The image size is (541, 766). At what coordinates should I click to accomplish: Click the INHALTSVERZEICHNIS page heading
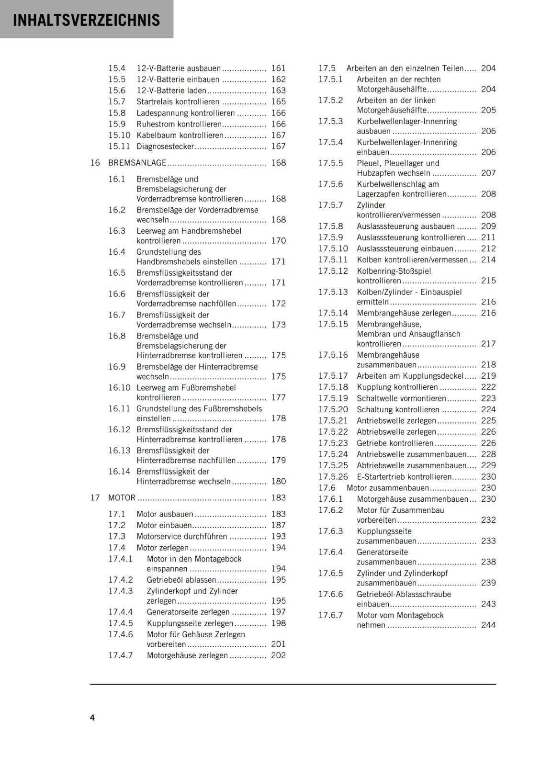coord(87,20)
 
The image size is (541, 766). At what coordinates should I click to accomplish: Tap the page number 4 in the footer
coord(92,717)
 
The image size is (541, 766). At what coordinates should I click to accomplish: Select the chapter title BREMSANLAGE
coord(137,163)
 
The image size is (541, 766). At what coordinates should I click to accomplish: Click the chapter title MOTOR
coord(122,498)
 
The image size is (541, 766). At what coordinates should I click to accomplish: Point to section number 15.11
coord(119,146)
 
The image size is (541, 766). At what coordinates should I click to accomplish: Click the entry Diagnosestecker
coord(165,146)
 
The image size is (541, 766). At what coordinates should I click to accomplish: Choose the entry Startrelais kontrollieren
coord(178,102)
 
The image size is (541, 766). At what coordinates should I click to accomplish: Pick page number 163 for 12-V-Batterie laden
coord(278,90)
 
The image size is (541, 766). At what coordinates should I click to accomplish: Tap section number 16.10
coord(119,388)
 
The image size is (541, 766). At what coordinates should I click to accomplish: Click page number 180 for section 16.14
coord(278,482)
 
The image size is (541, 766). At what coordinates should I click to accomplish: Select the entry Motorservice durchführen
coord(181,537)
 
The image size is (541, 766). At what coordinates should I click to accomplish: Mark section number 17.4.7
coord(120,655)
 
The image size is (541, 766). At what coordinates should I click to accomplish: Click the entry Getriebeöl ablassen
coord(181,580)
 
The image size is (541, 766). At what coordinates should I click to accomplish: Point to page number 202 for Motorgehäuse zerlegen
coord(278,655)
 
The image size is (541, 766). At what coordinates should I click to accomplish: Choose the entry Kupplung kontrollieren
coord(397,387)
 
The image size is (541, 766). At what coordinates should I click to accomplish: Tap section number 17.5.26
coord(333,477)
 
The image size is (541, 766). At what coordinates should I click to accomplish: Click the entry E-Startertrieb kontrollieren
coord(404,477)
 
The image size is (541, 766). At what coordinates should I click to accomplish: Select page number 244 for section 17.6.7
coord(488,625)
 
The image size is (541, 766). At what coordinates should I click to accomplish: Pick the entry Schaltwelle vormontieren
coord(401,398)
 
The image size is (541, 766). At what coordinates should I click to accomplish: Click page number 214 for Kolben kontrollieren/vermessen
coord(488,260)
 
